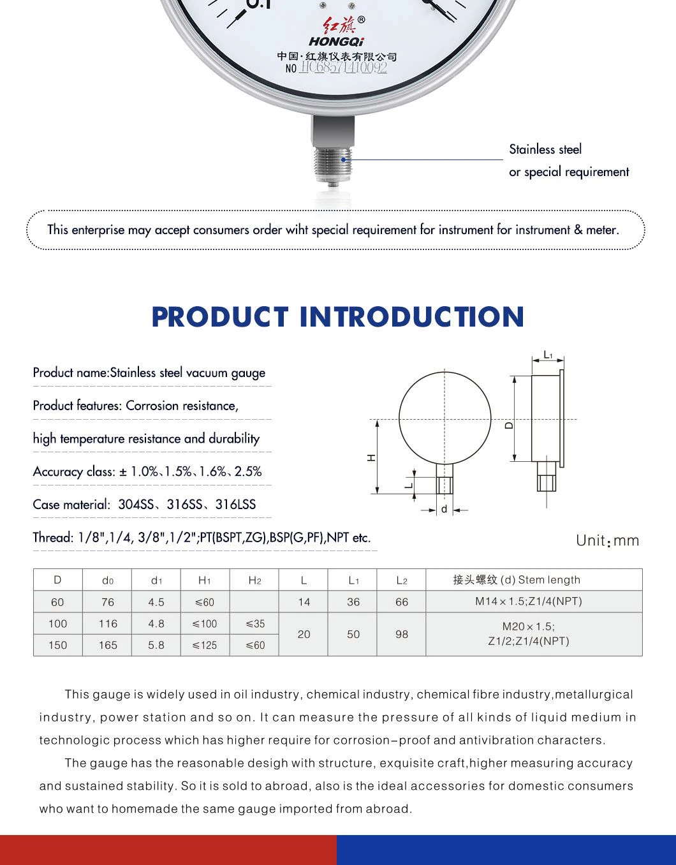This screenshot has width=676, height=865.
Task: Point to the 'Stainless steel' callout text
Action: [x=545, y=149]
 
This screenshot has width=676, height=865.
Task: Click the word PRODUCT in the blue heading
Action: [x=220, y=317]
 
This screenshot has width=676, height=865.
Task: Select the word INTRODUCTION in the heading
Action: [x=412, y=317]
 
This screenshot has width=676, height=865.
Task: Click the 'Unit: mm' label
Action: [x=607, y=541]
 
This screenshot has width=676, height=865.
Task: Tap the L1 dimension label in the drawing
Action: [x=548, y=355]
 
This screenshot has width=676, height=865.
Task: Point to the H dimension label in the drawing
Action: [x=372, y=457]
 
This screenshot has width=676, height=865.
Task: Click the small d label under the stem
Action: [x=445, y=510]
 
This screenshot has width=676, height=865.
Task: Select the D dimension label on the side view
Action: [x=509, y=425]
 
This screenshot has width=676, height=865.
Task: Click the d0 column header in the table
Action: [x=108, y=580]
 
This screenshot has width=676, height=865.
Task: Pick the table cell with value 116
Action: [x=108, y=624]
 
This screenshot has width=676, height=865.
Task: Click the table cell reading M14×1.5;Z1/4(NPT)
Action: [x=528, y=602]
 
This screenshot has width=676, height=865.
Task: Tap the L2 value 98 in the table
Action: [x=402, y=635]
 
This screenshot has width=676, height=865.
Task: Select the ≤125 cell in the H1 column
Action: [x=205, y=646]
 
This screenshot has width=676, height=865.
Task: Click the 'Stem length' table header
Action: [x=549, y=580]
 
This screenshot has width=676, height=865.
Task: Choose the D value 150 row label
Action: [x=57, y=646]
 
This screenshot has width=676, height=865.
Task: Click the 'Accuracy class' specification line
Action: [x=147, y=472]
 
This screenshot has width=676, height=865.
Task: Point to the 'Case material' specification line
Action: [x=144, y=505]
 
